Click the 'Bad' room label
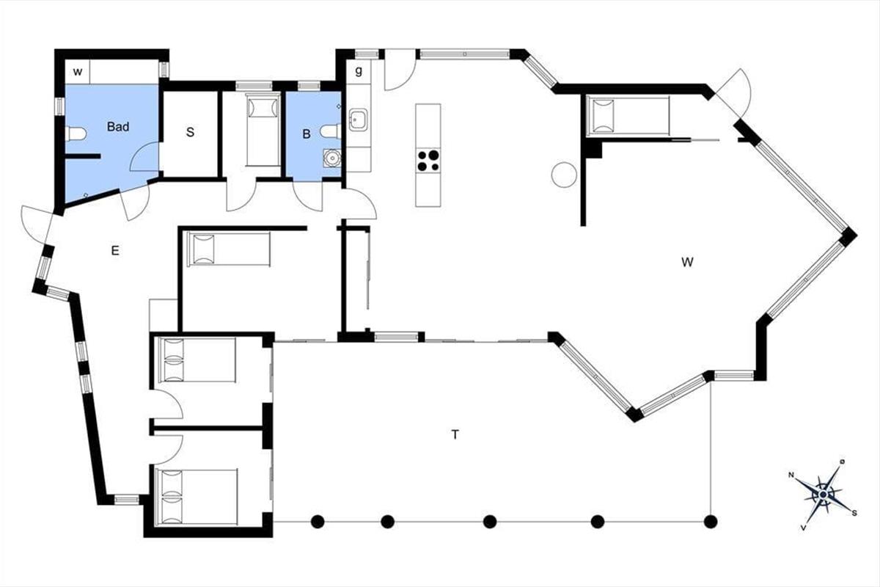point(118,127)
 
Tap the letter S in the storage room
point(190,132)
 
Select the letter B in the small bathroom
point(307,134)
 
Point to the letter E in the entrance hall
point(115,250)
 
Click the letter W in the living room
point(688,262)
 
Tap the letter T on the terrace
point(455,434)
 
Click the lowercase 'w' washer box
point(78,72)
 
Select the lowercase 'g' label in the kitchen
point(359,71)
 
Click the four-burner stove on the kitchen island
point(428,161)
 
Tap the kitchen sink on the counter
point(358,120)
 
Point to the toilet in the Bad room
point(76,134)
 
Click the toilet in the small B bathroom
point(331,131)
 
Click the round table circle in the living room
point(564,175)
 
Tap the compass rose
point(824,495)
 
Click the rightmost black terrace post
point(711,522)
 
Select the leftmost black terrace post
point(318,522)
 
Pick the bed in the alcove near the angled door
point(628,116)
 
